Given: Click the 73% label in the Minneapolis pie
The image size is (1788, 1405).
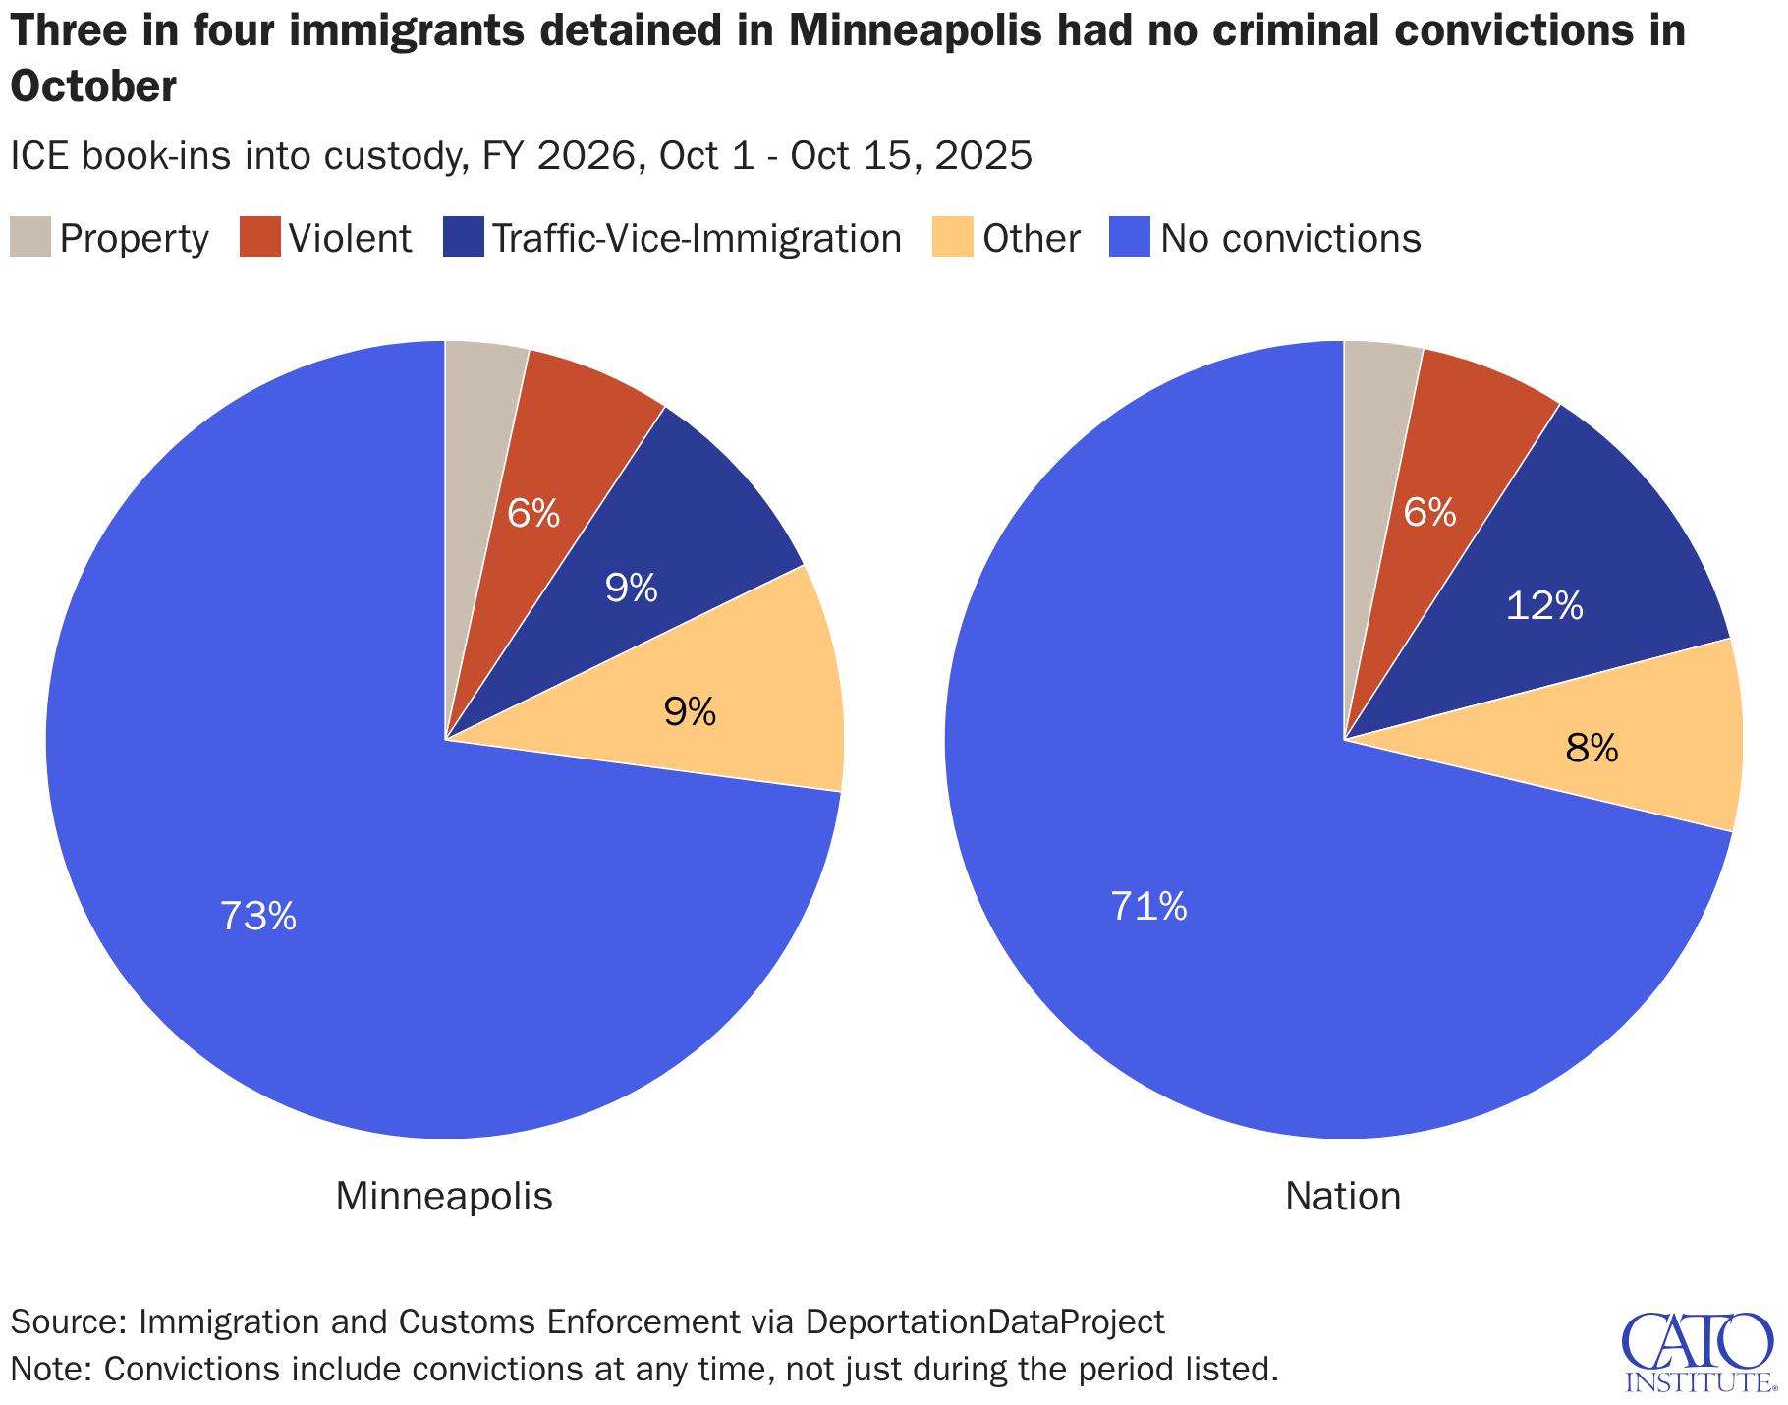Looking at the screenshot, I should tap(257, 917).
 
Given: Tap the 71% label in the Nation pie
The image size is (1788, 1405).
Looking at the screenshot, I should tap(1148, 907).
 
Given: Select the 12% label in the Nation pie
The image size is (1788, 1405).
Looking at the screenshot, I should tap(1543, 606).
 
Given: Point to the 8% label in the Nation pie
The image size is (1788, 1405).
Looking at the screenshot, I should tap(1592, 750).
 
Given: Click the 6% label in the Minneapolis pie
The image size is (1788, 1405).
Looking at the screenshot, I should tap(532, 513).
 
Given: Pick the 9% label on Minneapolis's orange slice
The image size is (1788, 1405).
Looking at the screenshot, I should tap(690, 712).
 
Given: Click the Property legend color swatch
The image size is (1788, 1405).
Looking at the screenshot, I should tap(30, 238).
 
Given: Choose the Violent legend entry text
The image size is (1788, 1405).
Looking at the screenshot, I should tap(351, 239).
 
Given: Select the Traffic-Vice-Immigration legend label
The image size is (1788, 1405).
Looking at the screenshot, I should tap(696, 239).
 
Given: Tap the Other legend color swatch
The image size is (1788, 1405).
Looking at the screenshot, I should tap(952, 238).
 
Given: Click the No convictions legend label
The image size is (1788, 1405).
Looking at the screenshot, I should tap(1290, 239).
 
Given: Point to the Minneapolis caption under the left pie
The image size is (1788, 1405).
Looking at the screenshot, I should tap(444, 1197).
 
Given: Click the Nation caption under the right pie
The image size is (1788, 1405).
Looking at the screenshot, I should tap(1343, 1197).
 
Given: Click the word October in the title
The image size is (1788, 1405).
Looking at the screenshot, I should tap(93, 87).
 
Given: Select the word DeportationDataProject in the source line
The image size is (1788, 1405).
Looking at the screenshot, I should tap(984, 1321).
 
